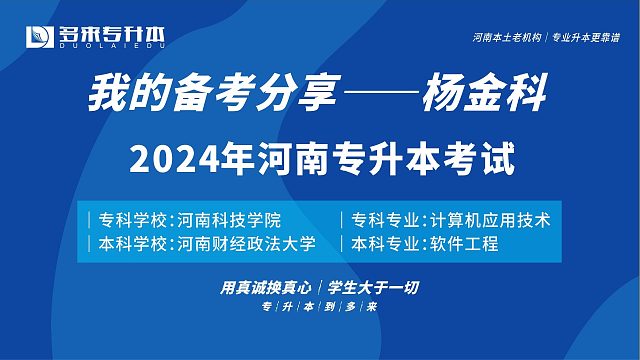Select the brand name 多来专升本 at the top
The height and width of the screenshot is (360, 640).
click(113, 33)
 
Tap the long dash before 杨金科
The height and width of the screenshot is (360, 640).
click(389, 98)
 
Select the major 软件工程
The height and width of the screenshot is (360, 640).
click(464, 243)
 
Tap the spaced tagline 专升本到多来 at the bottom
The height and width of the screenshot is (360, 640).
click(319, 308)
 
